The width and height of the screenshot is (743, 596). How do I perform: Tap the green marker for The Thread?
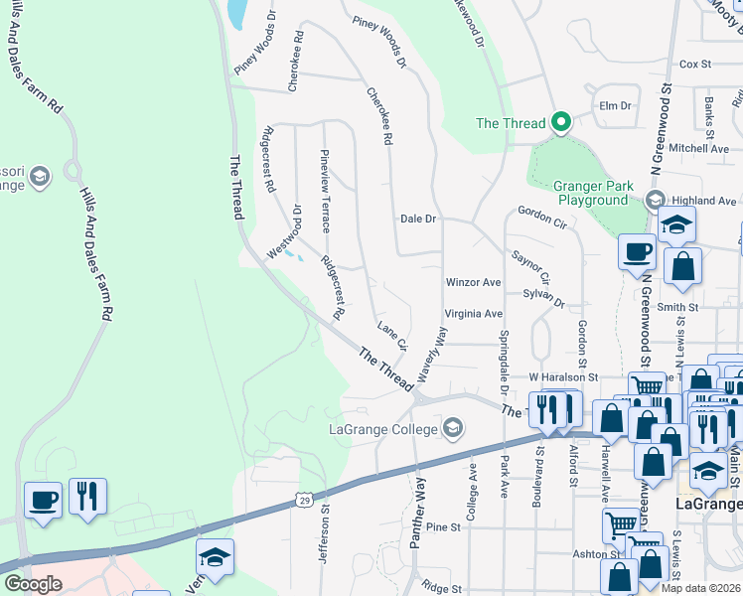560,123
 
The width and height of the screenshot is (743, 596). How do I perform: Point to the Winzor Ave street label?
473,282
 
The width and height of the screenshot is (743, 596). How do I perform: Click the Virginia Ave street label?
473,313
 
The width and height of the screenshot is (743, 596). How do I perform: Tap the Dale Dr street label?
418,219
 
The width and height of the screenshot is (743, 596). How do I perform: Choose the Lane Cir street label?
391,336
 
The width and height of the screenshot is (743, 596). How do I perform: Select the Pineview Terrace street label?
324,191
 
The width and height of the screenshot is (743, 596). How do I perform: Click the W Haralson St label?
563,377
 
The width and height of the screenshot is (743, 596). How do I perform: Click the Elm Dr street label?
616,105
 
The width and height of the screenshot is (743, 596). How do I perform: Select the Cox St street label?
695,64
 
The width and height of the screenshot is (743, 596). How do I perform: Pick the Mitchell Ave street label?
698,148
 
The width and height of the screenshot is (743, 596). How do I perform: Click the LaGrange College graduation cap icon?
453,429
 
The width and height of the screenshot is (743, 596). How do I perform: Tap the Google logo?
33,584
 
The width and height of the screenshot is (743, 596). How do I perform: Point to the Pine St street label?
447,527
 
